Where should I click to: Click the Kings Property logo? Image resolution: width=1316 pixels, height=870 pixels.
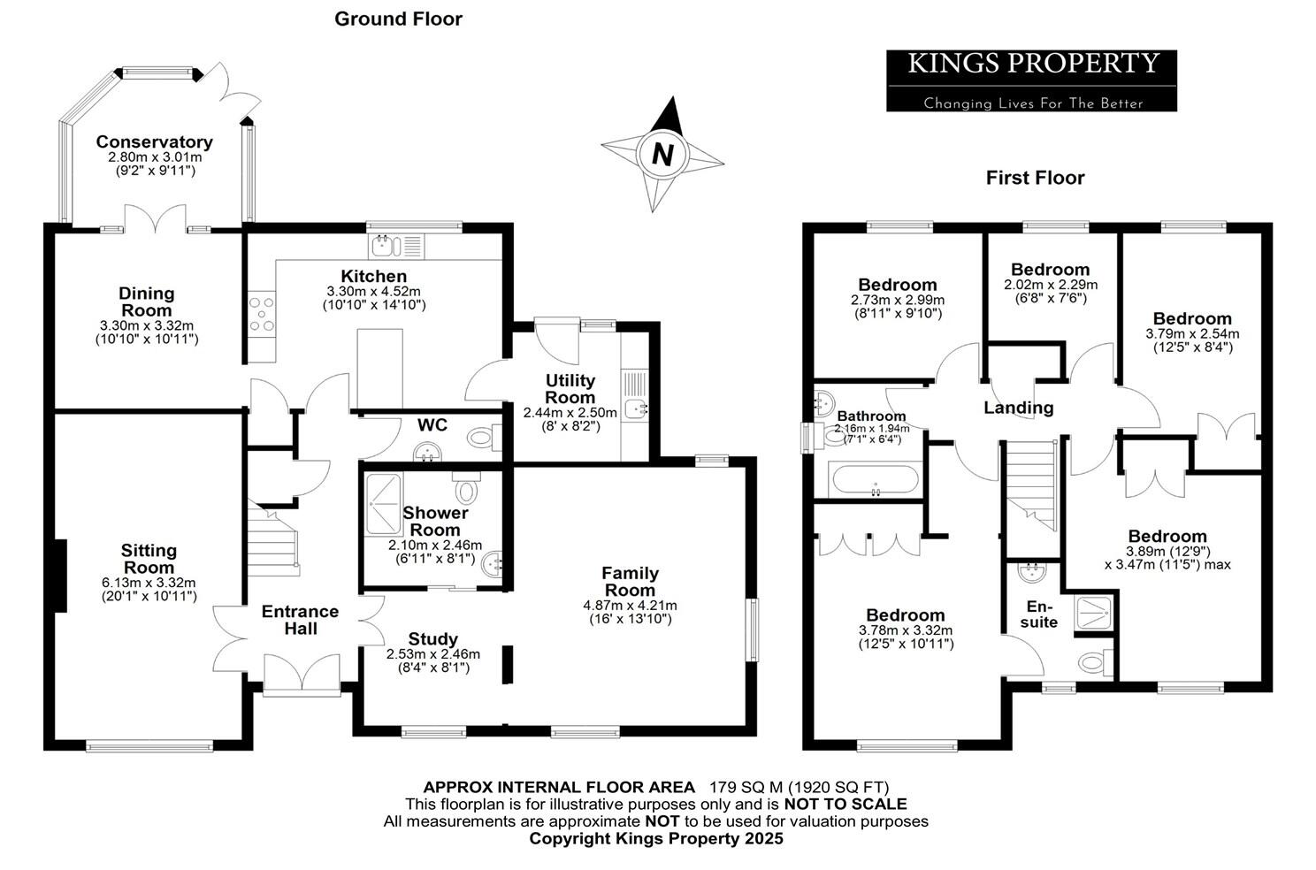pos(1031,80)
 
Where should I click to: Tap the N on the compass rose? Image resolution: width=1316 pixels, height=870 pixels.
pos(662,155)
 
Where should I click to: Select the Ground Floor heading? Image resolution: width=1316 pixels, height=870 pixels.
pos(398,19)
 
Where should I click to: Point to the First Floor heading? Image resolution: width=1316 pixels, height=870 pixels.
pos(1035,178)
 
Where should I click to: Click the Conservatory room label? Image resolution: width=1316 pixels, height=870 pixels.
pos(155,142)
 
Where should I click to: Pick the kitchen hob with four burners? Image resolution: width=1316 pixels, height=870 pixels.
pos(262,314)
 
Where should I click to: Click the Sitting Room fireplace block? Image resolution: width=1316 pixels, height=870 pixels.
pos(60,576)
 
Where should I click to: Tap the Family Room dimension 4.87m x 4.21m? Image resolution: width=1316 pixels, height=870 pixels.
pos(630,606)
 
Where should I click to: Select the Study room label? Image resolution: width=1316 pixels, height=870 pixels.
pos(433,639)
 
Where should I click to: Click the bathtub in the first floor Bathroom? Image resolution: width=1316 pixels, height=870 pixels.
pos(875,482)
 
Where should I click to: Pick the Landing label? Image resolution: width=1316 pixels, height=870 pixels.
pos(1019,408)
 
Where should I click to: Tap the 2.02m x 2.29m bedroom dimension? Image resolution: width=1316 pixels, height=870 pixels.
pos(1051,285)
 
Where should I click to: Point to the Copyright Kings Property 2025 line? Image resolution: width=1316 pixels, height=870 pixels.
pos(656,839)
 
